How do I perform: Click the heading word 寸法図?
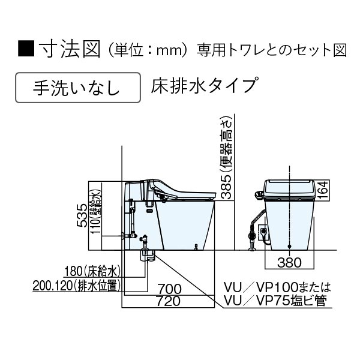65,49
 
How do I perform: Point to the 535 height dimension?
82,214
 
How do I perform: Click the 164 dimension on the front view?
323,190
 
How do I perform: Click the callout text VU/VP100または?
276,287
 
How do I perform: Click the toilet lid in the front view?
290,181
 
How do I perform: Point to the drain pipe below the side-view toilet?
145,256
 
